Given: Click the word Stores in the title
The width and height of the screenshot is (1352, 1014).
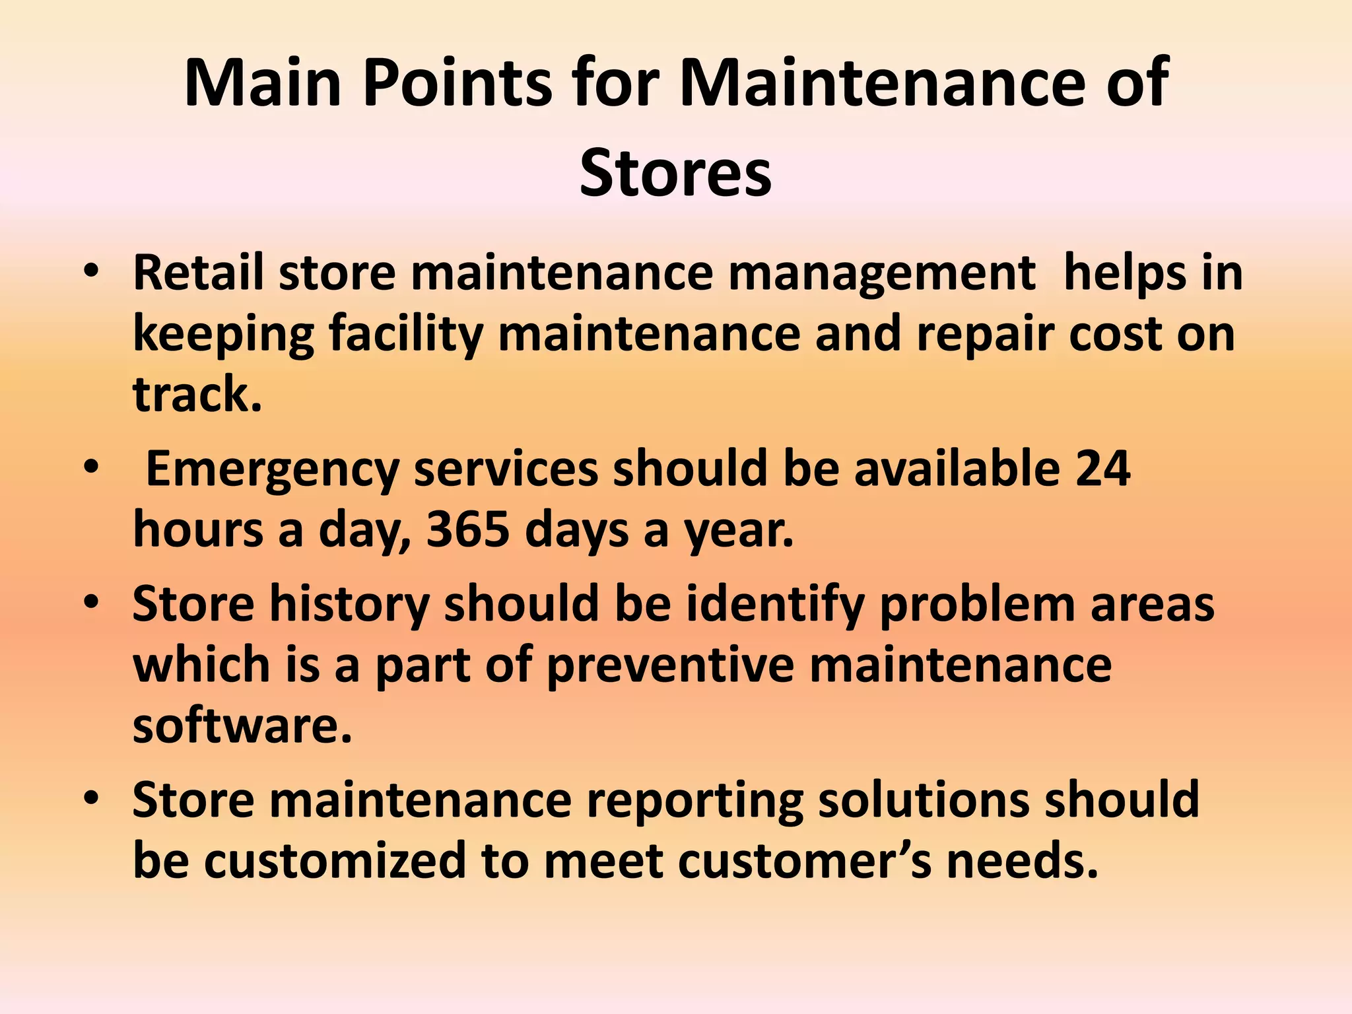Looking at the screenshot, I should pos(675,173).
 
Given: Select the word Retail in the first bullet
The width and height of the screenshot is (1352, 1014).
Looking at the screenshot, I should pos(199,272).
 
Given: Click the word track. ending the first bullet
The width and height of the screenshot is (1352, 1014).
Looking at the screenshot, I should pos(197,394).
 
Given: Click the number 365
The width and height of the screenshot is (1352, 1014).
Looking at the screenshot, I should pos(468,530).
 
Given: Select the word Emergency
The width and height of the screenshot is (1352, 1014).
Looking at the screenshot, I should pos(273,470).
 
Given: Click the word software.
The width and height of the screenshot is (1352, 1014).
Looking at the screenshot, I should pos(242,726).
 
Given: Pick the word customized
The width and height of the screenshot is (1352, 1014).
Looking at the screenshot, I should pos(335,861).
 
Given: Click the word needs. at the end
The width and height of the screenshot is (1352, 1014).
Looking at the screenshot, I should pos(1023,861).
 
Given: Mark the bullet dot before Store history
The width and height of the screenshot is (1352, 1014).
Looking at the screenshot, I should pos(91,603).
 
